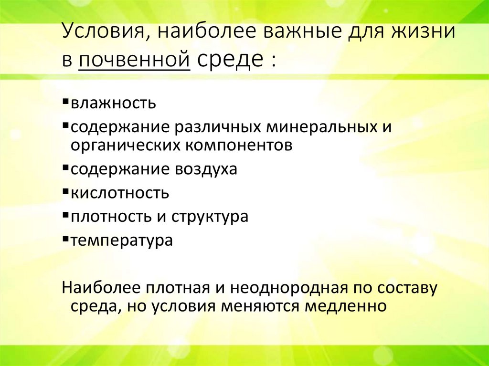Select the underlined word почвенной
tap(133, 61)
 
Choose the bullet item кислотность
tap(120, 193)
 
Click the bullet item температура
tap(122, 240)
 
